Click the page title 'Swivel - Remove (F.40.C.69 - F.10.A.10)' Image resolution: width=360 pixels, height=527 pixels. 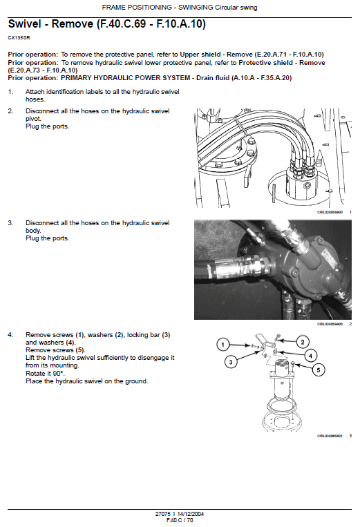click(106, 24)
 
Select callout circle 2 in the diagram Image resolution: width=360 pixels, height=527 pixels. click(302, 341)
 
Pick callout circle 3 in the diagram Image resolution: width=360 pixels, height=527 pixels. click(232, 361)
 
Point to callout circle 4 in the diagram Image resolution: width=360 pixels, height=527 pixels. click(310, 356)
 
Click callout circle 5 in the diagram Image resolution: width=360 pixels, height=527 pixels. click(319, 370)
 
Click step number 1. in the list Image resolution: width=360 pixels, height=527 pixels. click(10, 91)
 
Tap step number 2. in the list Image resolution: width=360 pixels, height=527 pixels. click(10, 111)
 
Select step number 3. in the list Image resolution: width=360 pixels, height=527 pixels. click(10, 223)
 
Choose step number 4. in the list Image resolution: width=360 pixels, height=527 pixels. click(10, 334)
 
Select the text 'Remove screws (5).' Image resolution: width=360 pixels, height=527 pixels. click(54, 350)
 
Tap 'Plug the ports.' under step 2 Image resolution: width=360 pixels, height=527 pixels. click(48, 126)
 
